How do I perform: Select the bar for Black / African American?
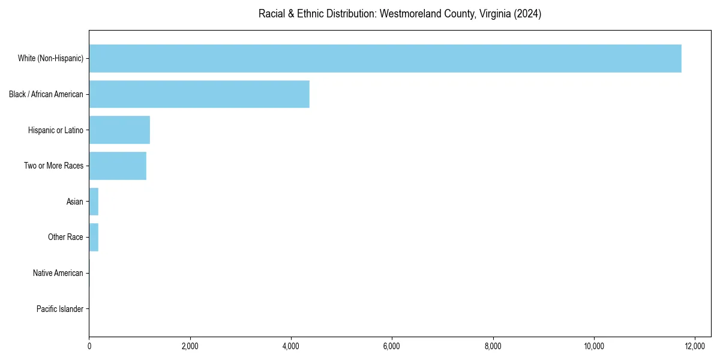(x=199, y=94)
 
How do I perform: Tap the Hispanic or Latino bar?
(x=119, y=130)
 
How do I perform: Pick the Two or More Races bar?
(x=118, y=166)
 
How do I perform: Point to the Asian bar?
(x=94, y=202)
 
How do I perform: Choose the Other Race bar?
(x=94, y=237)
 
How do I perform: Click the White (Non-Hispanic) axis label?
(x=50, y=58)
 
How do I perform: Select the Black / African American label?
(x=46, y=94)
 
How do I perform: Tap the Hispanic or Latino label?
(x=56, y=130)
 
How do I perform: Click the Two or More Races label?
(x=53, y=166)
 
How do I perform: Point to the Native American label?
(x=58, y=273)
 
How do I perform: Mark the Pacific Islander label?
(x=60, y=309)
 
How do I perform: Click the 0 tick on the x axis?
(x=89, y=346)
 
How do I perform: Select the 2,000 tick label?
(x=190, y=346)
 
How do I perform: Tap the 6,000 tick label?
(x=392, y=346)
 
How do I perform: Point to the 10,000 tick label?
(x=594, y=346)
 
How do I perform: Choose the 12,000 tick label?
(x=695, y=346)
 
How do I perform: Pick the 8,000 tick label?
(x=493, y=346)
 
